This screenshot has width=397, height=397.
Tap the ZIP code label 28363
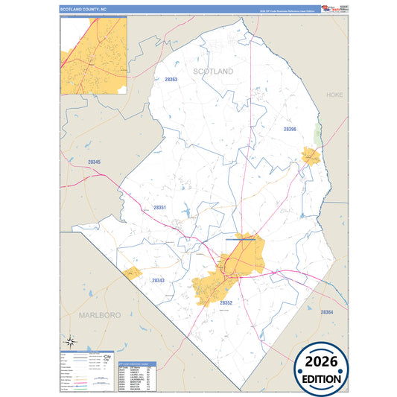[171, 79]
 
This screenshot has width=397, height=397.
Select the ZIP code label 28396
[290, 129]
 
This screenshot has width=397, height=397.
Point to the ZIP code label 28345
[94, 162]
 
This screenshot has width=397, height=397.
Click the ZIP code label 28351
[160, 208]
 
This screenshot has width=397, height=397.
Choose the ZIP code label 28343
[158, 280]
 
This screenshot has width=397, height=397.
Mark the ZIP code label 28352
[226, 303]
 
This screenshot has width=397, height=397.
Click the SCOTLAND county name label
[213, 71]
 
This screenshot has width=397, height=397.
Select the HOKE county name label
[334, 95]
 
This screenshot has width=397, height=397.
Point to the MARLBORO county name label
[99, 315]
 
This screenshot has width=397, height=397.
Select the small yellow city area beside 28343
[132, 273]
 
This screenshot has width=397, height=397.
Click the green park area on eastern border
[318, 135]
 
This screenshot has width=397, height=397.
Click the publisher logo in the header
[334, 9]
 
